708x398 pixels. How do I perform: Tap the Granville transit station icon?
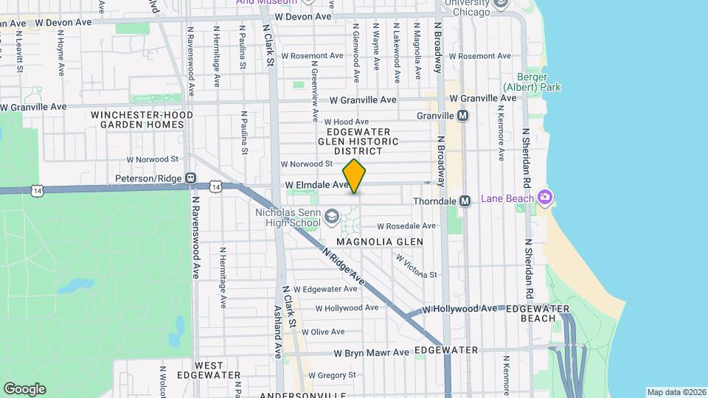(463, 116)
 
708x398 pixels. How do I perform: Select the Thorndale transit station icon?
(465, 200)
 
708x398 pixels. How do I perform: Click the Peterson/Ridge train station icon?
(190, 178)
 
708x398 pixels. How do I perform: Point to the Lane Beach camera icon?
(545, 198)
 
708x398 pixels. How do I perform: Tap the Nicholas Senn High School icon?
(332, 215)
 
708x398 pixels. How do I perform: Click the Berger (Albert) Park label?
(532, 82)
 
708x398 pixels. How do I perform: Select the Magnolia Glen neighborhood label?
(380, 242)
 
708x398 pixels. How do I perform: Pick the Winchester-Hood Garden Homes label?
(142, 120)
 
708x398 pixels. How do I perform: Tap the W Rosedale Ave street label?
(408, 226)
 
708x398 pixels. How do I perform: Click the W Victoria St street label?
(417, 267)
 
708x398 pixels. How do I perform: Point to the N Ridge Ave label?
(344, 266)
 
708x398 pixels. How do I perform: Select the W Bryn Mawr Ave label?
(371, 353)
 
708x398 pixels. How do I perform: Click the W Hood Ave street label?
(346, 122)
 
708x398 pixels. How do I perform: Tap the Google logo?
(24, 389)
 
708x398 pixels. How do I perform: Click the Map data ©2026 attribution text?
(676, 392)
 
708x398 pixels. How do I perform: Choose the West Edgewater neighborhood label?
(209, 370)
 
